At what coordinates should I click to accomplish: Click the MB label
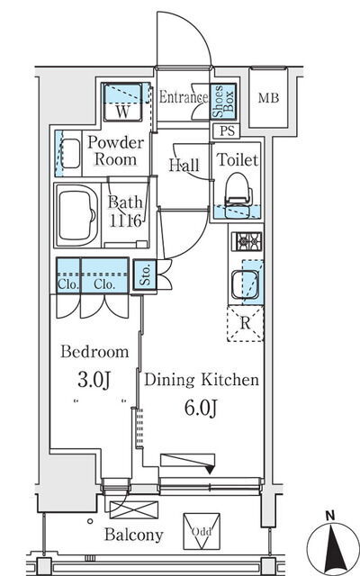coord(268,98)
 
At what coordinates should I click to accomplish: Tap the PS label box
coord(227,131)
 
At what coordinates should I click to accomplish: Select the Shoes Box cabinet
coord(223,101)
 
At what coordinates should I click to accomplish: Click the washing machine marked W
coord(122,102)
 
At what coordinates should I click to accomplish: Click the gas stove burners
coord(246,242)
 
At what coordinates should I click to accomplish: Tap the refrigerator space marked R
coord(246,323)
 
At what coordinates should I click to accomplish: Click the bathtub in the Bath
coord(77,216)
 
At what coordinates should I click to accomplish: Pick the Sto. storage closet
coord(145,274)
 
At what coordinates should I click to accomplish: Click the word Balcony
coord(134,535)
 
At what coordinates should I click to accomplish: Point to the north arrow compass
coord(330,542)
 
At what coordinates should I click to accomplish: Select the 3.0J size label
coord(94,380)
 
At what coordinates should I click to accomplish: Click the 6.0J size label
coord(201,408)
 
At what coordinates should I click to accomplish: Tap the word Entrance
coord(184,97)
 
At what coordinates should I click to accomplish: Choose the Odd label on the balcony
coord(202,531)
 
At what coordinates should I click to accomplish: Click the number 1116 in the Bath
coord(125,220)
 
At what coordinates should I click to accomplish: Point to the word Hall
coord(184,166)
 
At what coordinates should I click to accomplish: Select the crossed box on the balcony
coord(134,510)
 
